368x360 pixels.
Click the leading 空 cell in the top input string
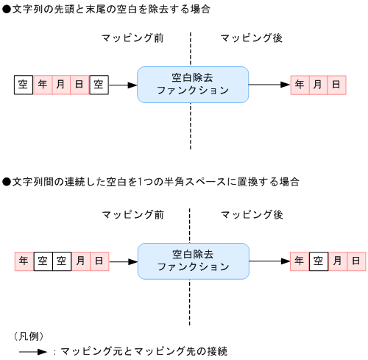tap(24, 85)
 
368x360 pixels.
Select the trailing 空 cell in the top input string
tap(99, 85)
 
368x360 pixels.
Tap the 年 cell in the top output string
tap(300, 85)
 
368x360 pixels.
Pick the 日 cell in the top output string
tap(336, 85)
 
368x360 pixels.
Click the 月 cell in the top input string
tap(61, 85)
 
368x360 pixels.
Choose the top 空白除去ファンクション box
tap(193, 84)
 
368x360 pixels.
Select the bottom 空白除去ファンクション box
tap(193, 261)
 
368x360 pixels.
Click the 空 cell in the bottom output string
tap(318, 261)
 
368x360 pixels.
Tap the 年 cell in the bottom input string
tap(24, 261)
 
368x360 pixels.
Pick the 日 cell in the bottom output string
tap(355, 261)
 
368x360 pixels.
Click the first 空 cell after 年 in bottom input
tap(43, 261)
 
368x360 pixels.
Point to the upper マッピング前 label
tap(132, 38)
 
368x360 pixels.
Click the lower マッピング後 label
tap(252, 214)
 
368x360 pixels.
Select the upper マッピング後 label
tap(252, 38)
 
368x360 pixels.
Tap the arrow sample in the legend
tap(33, 352)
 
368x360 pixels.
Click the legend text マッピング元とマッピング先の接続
tap(144, 352)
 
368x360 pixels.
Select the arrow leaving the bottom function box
tap(269, 261)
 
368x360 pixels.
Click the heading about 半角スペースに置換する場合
tap(151, 181)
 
